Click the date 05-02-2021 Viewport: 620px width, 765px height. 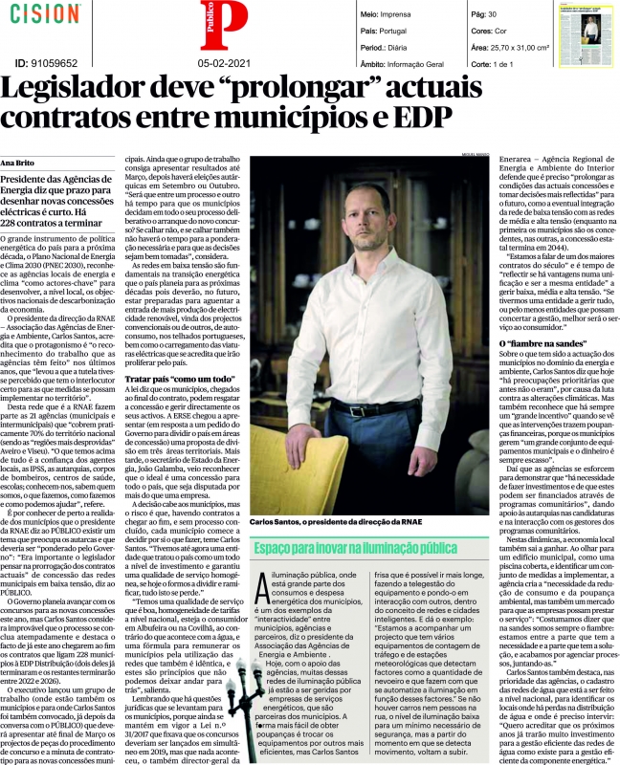pyautogui.click(x=225, y=64)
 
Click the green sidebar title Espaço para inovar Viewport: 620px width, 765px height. pyautogui.click(x=368, y=548)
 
